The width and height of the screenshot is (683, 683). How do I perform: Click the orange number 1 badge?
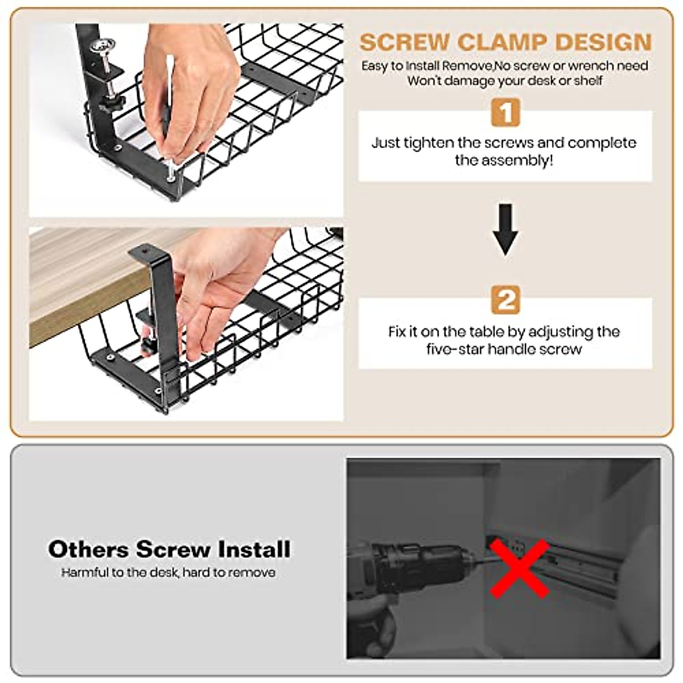coord(505,112)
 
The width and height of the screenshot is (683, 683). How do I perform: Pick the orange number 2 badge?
coord(505,299)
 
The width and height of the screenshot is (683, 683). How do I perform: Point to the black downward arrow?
coord(505,230)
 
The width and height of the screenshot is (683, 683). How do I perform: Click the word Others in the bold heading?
coord(89,550)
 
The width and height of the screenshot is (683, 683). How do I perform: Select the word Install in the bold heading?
coord(254,550)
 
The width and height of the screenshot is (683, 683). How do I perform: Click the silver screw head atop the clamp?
coord(103,46)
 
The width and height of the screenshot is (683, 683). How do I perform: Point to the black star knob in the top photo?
coord(111,103)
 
